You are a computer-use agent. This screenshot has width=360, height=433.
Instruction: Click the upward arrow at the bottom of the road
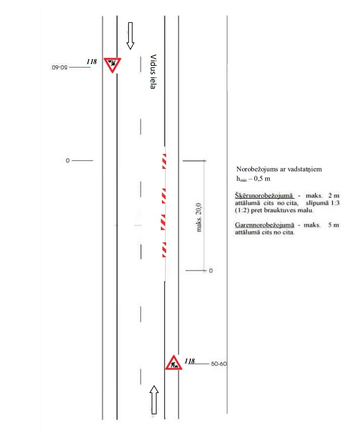coord(154,399)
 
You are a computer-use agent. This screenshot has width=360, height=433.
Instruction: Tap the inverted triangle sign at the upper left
coord(112,64)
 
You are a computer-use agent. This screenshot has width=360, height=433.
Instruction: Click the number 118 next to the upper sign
coord(91,62)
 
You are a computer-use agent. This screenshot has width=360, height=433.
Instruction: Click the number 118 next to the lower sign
coord(190,361)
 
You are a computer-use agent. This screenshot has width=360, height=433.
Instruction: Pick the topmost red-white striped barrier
coord(164,160)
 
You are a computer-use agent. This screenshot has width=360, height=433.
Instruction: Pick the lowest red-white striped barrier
coord(164,249)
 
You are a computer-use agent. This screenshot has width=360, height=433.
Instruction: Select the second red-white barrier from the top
coord(164,195)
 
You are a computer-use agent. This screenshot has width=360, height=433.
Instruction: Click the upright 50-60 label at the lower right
coord(219,364)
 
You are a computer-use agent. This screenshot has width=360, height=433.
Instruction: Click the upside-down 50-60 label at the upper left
coord(60,68)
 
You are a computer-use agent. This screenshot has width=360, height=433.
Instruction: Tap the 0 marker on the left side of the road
coord(68,160)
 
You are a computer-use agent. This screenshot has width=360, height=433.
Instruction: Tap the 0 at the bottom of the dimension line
coord(210,271)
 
